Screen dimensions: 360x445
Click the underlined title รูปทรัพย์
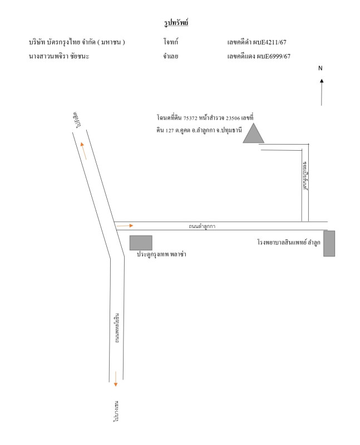176,22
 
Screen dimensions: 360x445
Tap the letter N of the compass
320,68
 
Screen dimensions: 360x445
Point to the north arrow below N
322,92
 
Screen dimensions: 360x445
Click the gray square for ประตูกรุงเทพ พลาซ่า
141,243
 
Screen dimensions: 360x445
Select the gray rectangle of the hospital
329,244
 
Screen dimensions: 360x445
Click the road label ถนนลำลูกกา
202,226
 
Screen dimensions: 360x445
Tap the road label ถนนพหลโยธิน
117,328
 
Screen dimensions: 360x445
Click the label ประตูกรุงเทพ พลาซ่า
161,254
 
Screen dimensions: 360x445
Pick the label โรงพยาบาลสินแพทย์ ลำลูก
289,243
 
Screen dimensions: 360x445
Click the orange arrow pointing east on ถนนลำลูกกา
125,226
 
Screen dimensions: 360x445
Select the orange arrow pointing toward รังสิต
83,151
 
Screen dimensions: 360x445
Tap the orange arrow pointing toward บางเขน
116,379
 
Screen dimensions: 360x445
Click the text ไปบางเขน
116,411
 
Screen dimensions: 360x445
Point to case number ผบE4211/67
272,43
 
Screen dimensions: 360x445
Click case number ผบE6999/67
273,56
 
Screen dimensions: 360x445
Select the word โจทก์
171,42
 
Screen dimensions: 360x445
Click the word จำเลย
171,56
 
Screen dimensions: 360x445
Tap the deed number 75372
190,118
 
